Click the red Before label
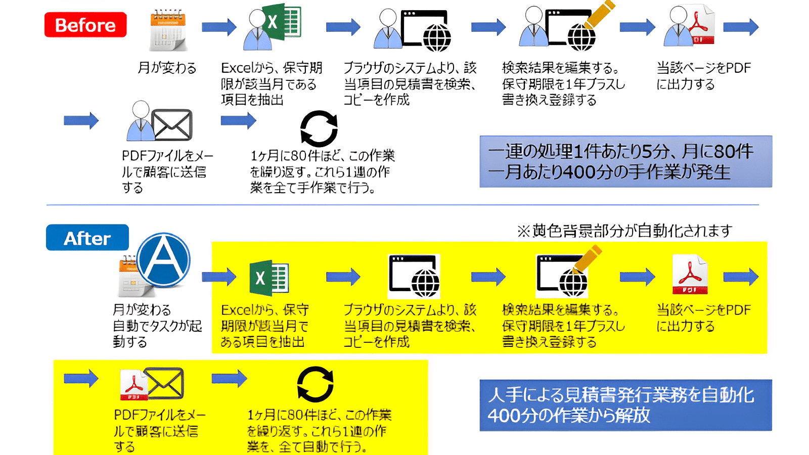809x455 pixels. tap(85, 25)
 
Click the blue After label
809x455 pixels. tap(87, 238)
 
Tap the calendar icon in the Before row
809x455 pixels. tap(168, 30)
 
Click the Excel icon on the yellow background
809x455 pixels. tap(269, 278)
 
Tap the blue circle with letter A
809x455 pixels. tap(163, 260)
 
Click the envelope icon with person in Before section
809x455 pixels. tap(160, 122)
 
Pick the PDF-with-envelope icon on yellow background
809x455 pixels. tap(152, 384)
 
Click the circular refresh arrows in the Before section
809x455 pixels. tap(319, 128)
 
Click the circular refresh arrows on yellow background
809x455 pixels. tap(315, 384)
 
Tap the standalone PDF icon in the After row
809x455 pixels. tap(689, 275)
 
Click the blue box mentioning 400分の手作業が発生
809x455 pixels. tap(625, 162)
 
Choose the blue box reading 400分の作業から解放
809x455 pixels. tap(625, 405)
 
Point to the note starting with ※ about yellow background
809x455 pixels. tap(624, 231)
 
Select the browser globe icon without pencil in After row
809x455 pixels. tap(414, 277)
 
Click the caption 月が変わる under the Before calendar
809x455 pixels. tap(167, 68)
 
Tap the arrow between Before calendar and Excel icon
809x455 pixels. tap(219, 27)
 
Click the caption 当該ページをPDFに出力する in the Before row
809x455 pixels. tap(703, 76)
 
